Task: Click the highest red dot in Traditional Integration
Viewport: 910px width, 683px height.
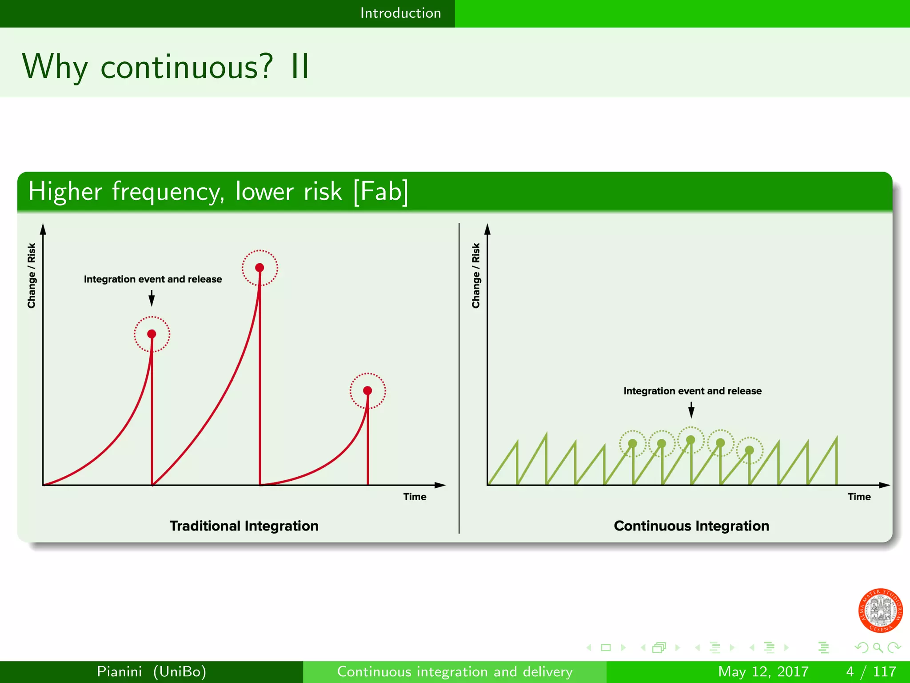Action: coord(259,267)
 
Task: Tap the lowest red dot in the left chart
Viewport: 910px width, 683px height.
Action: coord(367,390)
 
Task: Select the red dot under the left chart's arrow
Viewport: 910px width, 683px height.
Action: coord(152,333)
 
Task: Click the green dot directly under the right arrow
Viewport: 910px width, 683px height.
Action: coord(690,440)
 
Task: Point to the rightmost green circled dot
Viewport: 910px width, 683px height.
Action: coord(750,450)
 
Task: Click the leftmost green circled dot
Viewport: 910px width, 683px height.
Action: coord(633,443)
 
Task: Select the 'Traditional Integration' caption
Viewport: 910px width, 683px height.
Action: coord(244,526)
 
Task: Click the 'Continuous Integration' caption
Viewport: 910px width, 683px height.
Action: coord(691,526)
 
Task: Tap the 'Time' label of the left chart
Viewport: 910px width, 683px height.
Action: coord(415,497)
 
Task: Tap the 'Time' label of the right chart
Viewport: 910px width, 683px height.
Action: coord(859,497)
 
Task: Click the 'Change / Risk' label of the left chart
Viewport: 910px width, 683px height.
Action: coord(31,275)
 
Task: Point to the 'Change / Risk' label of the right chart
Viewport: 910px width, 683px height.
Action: coord(476,275)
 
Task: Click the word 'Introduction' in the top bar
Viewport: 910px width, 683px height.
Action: coord(400,13)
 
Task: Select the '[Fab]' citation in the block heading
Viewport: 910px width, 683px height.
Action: coord(381,191)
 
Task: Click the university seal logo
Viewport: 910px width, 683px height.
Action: coord(880,610)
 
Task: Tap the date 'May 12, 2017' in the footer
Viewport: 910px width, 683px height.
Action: coord(763,671)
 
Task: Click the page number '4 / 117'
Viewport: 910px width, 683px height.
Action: coord(871,671)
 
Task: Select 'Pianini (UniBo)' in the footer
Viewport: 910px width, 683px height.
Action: coord(152,671)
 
